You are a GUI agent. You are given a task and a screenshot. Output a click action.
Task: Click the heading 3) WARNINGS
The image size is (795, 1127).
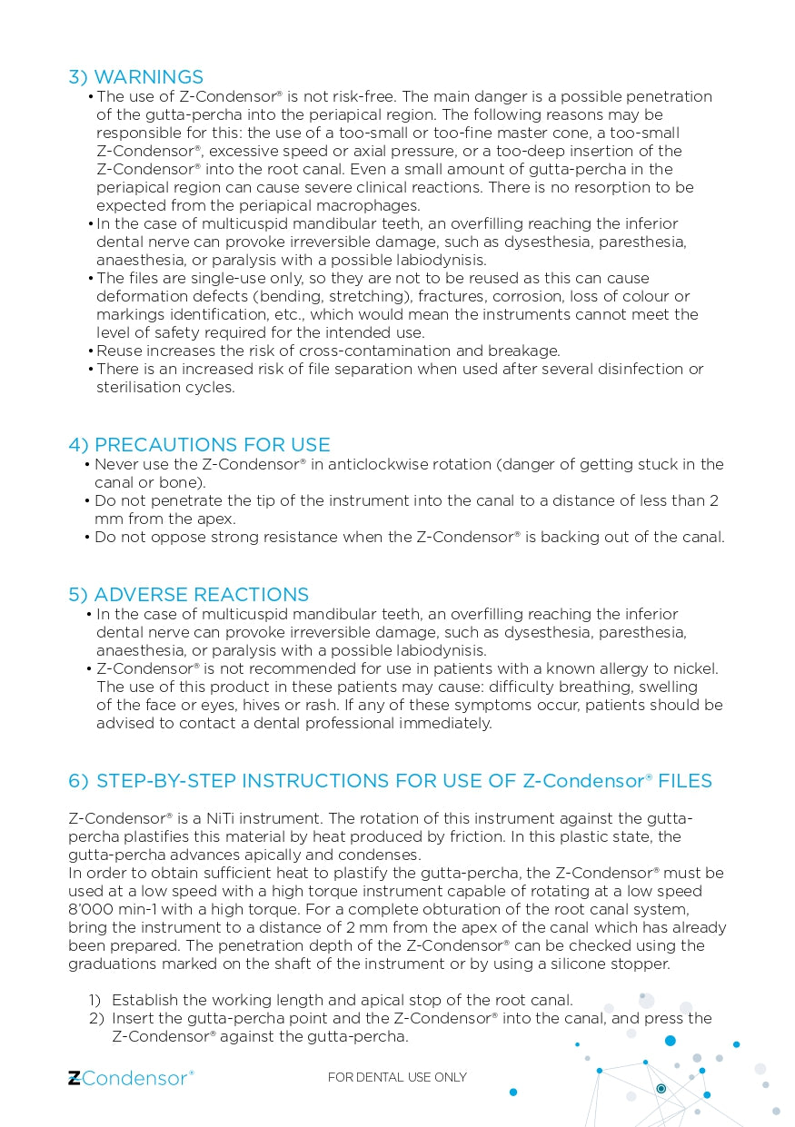point(136,77)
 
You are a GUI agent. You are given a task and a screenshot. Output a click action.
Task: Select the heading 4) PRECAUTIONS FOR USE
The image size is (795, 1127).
point(199,445)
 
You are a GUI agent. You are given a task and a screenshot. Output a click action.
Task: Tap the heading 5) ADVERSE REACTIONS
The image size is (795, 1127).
point(188,595)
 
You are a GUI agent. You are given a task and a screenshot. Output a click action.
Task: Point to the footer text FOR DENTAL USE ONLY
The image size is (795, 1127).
point(397,1078)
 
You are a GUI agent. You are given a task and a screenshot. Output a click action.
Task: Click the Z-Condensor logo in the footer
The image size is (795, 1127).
point(131,1078)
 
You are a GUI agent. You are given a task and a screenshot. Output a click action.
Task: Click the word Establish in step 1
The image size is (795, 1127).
point(144,1000)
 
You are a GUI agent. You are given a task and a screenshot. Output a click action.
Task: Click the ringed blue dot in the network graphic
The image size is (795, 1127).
point(661,1088)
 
